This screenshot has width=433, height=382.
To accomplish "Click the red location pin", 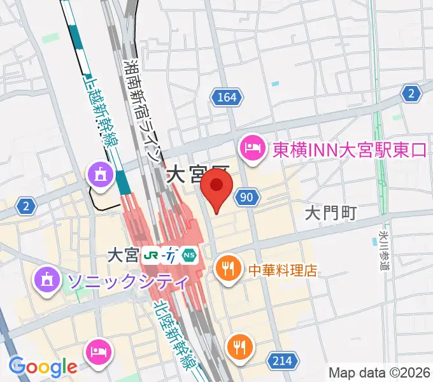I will (x=216, y=189).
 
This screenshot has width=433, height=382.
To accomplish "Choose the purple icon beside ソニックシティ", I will (x=47, y=278).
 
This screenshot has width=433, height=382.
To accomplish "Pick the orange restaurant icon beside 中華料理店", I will (x=227, y=267).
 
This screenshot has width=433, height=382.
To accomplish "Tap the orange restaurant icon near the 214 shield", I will (x=240, y=347).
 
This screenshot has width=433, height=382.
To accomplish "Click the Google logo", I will (x=43, y=367).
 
